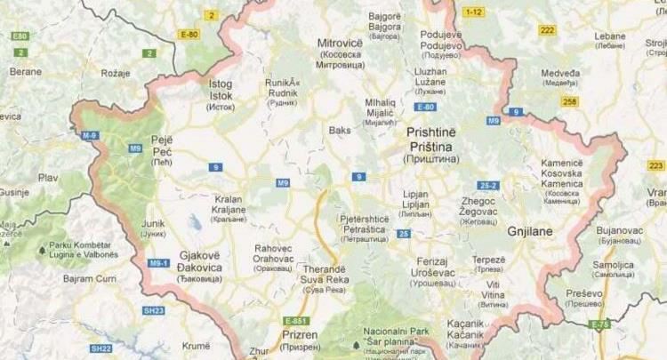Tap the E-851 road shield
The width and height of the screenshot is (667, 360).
click(295, 320)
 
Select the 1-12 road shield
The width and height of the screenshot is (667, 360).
click(472, 11)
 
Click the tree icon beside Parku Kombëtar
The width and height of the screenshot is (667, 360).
click(41, 251)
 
